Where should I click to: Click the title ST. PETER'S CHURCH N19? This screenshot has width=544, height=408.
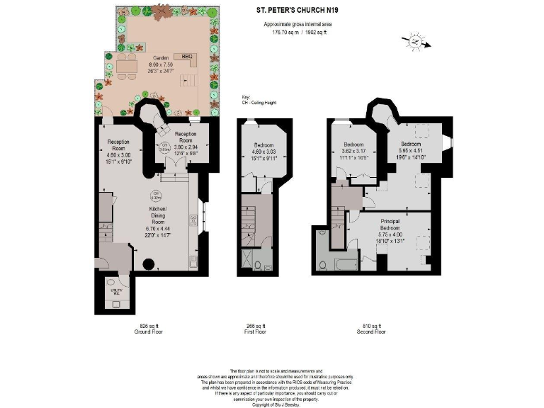click(297, 11)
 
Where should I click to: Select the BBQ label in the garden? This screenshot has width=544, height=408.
click(187, 55)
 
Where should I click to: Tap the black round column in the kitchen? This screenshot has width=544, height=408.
click(149, 265)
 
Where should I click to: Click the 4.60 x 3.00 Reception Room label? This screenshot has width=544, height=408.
click(118, 149)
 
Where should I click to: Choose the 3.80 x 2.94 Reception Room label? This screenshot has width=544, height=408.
click(185, 142)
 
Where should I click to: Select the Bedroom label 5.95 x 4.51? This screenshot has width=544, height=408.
click(411, 150)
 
